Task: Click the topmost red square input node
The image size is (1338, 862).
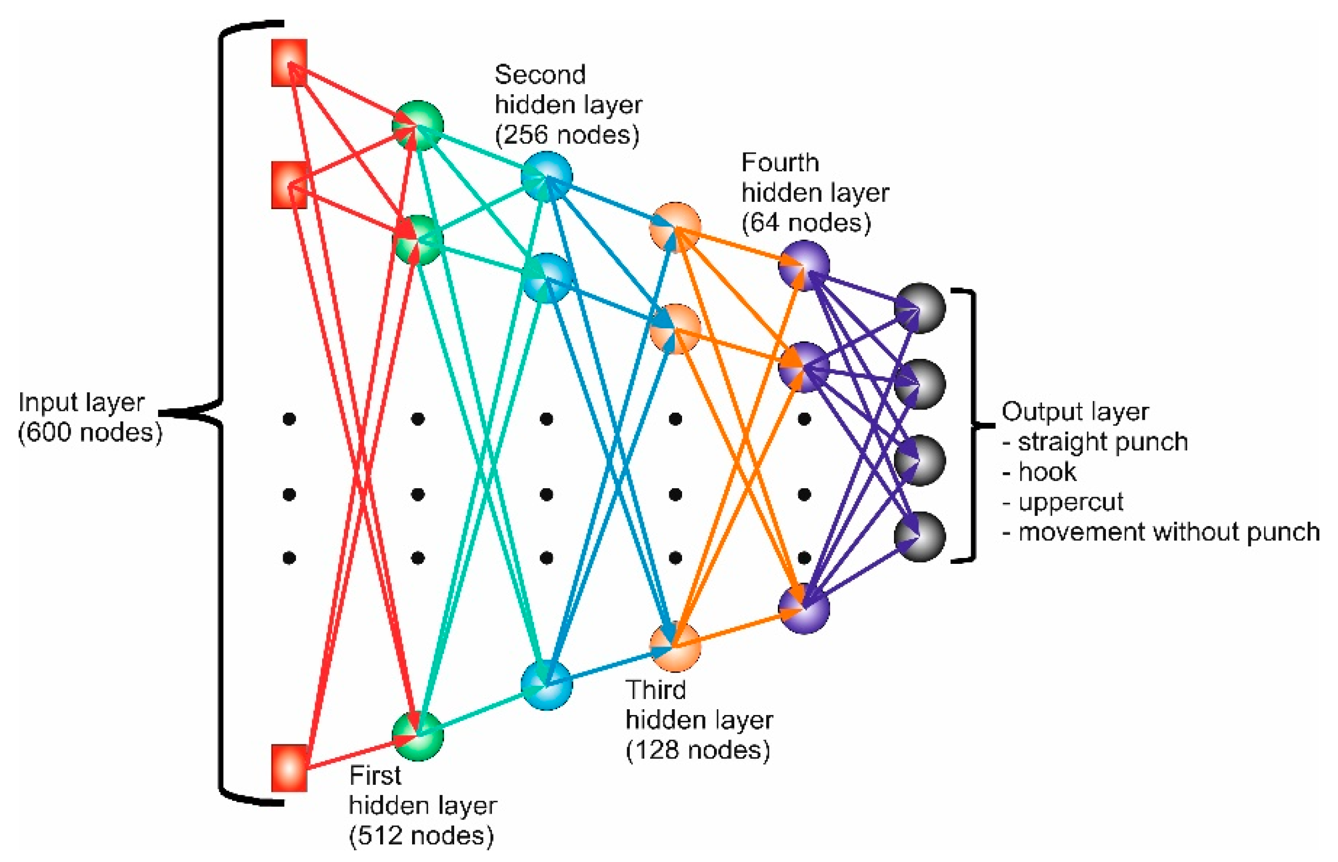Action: tap(289, 63)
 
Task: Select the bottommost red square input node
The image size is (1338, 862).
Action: tap(289, 767)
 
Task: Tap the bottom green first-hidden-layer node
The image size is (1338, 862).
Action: tap(417, 735)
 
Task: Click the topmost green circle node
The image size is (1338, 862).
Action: tap(417, 125)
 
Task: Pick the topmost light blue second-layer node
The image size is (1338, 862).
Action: tap(546, 176)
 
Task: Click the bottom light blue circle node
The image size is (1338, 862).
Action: tap(546, 684)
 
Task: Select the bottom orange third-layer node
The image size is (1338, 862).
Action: tap(675, 646)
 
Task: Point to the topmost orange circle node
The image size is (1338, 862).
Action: tap(675, 227)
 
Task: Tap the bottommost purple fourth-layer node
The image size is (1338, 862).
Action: tap(803, 609)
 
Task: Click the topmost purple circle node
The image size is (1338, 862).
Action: tap(803, 265)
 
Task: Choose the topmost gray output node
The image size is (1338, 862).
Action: tap(920, 308)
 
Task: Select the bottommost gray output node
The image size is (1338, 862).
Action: tap(920, 536)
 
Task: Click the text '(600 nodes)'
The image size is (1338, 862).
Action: tap(89, 433)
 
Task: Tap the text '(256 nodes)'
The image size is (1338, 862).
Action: tap(567, 135)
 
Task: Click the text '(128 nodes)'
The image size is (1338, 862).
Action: tap(697, 750)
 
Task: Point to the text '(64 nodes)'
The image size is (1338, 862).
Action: tap(806, 223)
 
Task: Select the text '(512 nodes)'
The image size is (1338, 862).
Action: tap(421, 835)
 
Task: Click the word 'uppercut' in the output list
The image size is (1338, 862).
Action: tap(1070, 502)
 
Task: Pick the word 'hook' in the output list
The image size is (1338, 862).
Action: tap(1046, 472)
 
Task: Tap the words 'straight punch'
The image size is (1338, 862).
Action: tap(1102, 441)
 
